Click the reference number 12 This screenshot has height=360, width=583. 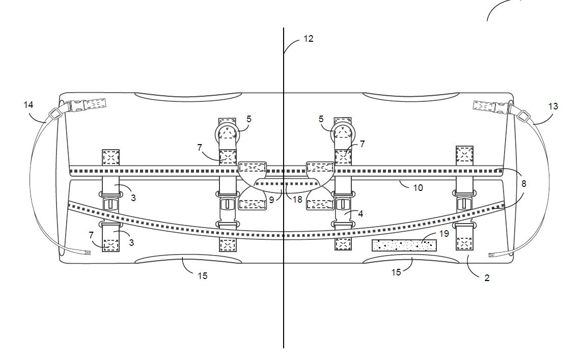(309, 38)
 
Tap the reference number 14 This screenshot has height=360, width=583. (29, 104)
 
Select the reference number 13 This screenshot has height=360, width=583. (553, 106)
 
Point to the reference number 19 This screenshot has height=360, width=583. (443, 234)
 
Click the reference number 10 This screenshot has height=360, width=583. (418, 187)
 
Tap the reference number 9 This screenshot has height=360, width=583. (272, 200)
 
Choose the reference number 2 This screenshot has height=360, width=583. (487, 278)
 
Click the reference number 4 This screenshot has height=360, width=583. (360, 214)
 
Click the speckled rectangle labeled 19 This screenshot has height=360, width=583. (404, 245)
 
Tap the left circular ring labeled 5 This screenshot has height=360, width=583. (228, 133)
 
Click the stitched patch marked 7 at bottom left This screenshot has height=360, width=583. (110, 245)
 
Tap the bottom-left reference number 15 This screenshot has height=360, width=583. (203, 275)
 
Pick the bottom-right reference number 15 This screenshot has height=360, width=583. (396, 272)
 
